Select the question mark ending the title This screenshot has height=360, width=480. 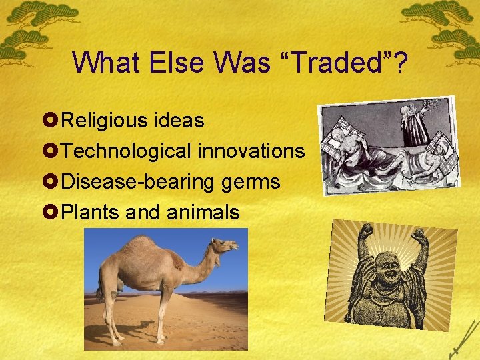click(400, 63)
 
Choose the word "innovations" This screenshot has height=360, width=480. click(251, 151)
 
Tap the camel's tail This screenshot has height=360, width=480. click(101, 287)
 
